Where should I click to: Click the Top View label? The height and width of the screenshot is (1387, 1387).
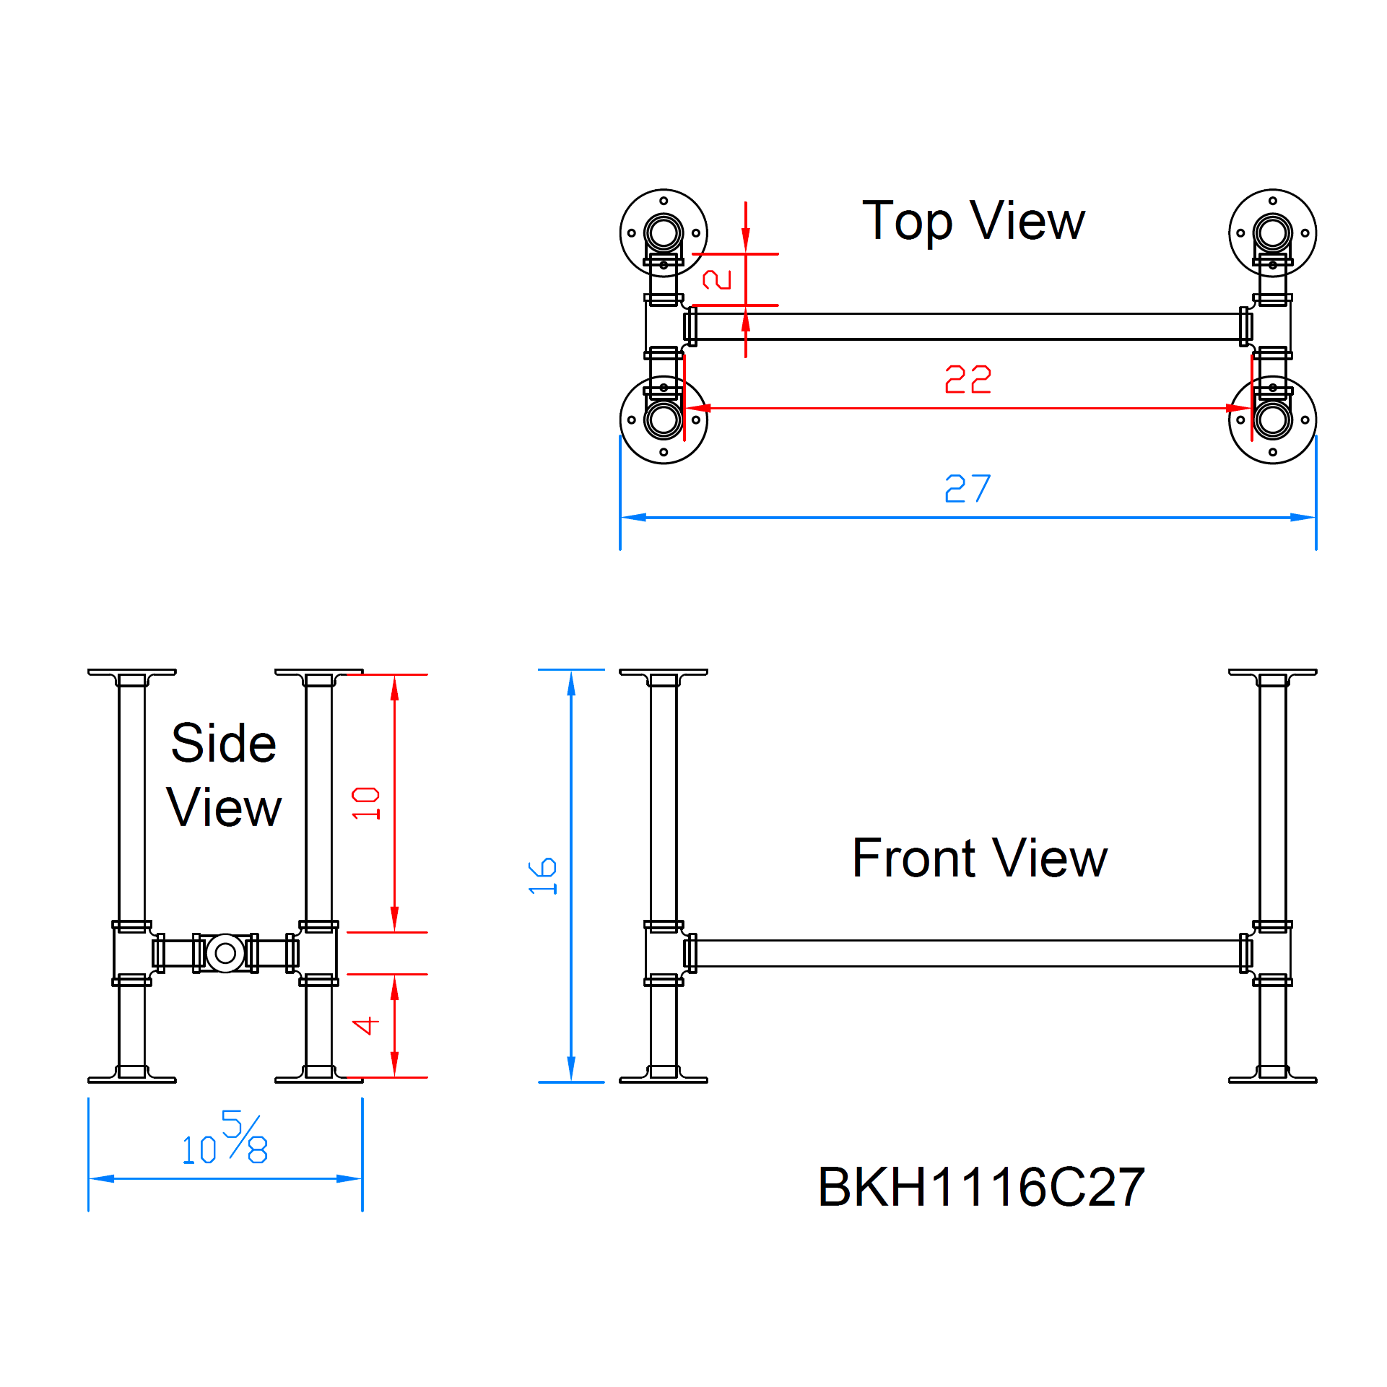[973, 221]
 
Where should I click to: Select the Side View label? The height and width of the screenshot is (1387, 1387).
[224, 775]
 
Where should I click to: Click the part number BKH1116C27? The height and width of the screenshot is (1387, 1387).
[981, 1187]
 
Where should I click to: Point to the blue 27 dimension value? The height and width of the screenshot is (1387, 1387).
[968, 489]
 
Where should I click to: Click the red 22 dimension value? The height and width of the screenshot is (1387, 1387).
[968, 379]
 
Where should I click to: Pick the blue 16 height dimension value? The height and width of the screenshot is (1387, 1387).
[543, 877]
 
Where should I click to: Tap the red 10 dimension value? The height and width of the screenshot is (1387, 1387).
[366, 803]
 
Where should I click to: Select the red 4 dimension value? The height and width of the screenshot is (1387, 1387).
[366, 1025]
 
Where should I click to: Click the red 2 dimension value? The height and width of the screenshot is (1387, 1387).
[718, 279]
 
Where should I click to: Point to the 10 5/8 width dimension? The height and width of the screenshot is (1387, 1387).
[225, 1139]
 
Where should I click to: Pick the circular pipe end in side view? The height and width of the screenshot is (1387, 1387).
[225, 953]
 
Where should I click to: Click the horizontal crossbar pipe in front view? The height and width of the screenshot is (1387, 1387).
[968, 953]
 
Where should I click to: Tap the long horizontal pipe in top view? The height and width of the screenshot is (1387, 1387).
[968, 326]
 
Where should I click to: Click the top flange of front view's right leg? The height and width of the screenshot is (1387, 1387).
[1272, 672]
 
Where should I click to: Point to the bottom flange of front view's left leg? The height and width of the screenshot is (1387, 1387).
[664, 1079]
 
